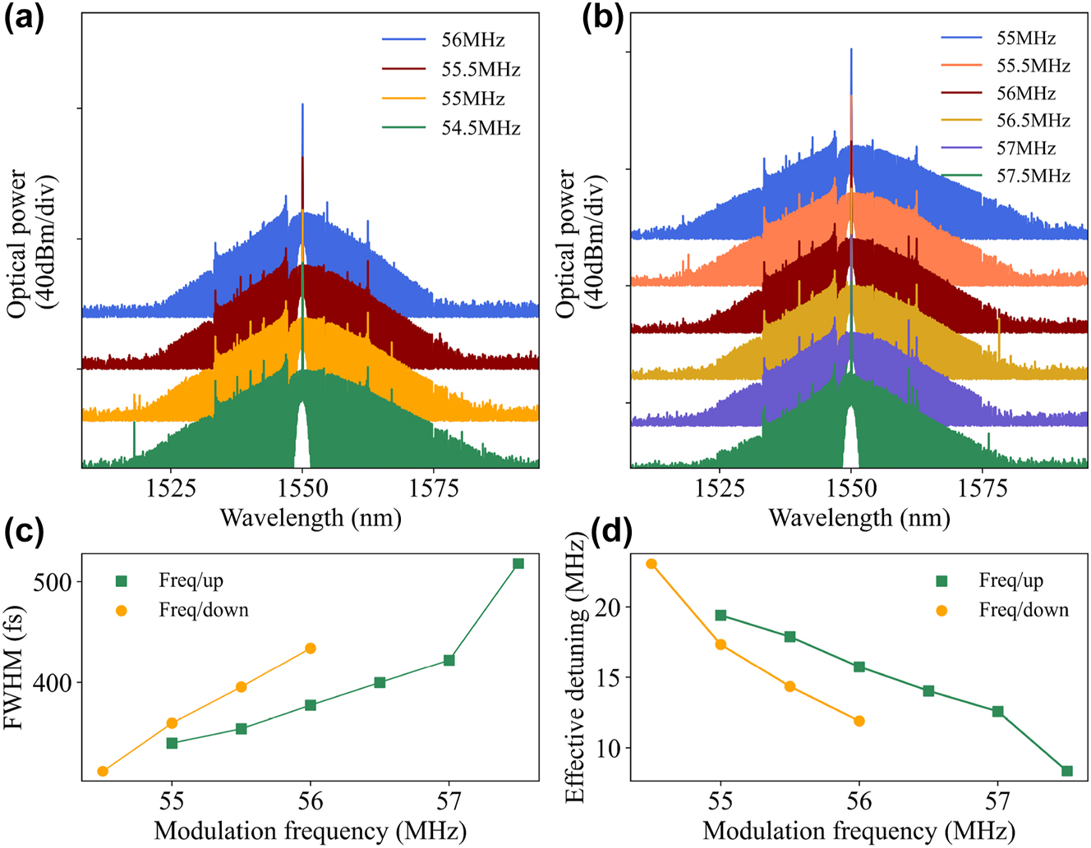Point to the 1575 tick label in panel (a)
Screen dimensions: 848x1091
click(x=435, y=488)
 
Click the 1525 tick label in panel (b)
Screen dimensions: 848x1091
click(x=719, y=488)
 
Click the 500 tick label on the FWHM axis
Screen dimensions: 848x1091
click(x=53, y=581)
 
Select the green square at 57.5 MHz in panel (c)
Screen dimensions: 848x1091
click(x=518, y=564)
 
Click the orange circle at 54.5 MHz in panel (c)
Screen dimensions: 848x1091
click(x=103, y=771)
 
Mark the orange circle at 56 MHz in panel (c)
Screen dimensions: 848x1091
click(x=311, y=649)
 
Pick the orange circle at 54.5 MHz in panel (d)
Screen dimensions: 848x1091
click(x=651, y=564)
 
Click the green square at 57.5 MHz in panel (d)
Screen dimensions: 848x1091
click(x=1067, y=771)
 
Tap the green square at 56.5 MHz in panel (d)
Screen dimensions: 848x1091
click(x=928, y=691)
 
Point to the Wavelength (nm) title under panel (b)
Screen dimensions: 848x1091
click(x=859, y=518)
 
